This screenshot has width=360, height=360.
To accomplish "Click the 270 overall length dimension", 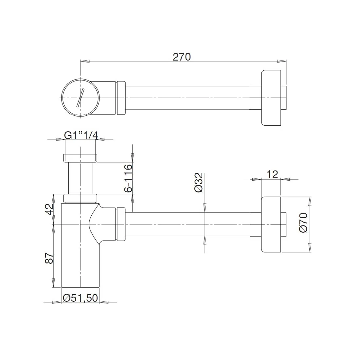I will click(x=182, y=57).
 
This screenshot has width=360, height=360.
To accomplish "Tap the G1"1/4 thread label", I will click(x=81, y=135).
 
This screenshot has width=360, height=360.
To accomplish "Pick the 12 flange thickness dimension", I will click(x=272, y=174).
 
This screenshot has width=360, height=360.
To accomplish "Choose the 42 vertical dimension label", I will click(x=49, y=209).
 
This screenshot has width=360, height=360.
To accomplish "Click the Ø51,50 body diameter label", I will click(x=80, y=298).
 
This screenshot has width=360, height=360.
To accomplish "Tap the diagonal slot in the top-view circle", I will click(x=81, y=98).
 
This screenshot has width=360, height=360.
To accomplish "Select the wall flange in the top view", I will click(x=271, y=98).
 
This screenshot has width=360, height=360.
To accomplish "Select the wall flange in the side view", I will click(x=271, y=225).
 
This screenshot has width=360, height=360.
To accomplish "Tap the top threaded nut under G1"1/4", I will click(x=80, y=157).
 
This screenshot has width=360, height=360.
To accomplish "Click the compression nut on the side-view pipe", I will click(x=121, y=225).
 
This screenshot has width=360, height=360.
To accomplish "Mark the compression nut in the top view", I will click(x=121, y=98).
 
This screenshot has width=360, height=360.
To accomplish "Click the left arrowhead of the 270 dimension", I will click(x=85, y=61).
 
